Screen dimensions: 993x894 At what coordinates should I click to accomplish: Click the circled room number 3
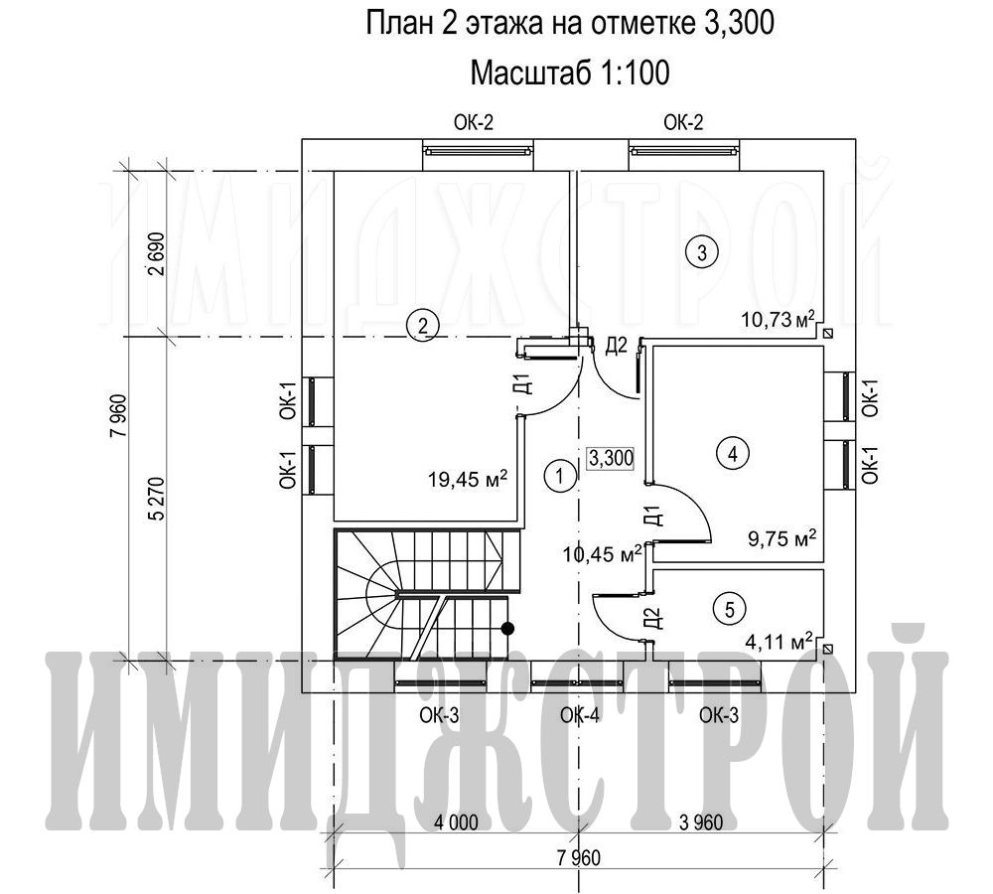pyautogui.click(x=702, y=252)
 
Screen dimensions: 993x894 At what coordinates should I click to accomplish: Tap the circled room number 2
pyautogui.click(x=422, y=326)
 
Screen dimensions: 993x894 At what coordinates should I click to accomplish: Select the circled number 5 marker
pyautogui.click(x=730, y=610)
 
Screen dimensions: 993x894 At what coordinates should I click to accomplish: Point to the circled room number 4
pyautogui.click(x=733, y=454)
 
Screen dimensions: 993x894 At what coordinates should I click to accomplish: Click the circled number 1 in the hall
pyautogui.click(x=559, y=475)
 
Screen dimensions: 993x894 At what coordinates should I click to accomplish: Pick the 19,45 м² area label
pyautogui.click(x=468, y=479)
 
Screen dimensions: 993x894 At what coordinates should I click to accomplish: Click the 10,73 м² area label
pyautogui.click(x=778, y=319)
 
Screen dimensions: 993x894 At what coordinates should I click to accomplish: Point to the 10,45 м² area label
pyautogui.click(x=603, y=553)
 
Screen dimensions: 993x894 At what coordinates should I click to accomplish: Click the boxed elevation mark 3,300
pyautogui.click(x=611, y=458)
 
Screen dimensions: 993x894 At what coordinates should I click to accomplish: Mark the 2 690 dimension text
pyautogui.click(x=157, y=253)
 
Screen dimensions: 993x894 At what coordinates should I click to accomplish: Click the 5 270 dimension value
pyautogui.click(x=157, y=499)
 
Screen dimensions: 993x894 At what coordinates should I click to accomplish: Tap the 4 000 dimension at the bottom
pyautogui.click(x=456, y=822)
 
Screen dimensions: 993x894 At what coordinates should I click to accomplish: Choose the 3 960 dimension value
pyautogui.click(x=701, y=822)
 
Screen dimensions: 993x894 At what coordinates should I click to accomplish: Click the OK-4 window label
pyautogui.click(x=580, y=716)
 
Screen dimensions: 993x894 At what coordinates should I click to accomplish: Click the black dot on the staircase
pyautogui.click(x=507, y=629)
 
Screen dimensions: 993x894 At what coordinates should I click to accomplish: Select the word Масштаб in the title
pyautogui.click(x=528, y=73)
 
